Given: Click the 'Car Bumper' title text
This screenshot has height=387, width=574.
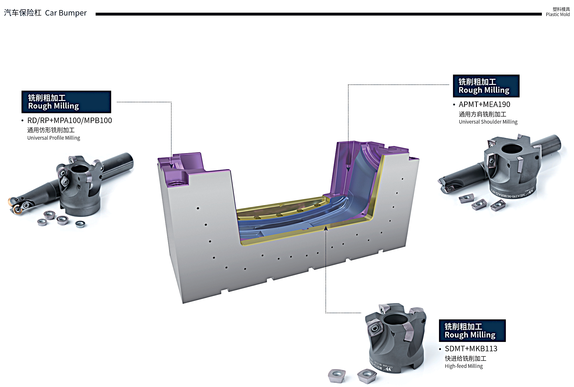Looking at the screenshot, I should (x=66, y=13).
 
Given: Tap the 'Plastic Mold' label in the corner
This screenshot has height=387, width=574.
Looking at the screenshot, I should (x=557, y=15).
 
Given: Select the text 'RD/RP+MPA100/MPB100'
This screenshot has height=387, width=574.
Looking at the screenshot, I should (x=69, y=120).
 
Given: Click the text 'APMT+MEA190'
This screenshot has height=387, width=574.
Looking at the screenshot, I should (x=484, y=104).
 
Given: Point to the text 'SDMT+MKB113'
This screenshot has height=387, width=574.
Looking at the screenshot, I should (x=471, y=349).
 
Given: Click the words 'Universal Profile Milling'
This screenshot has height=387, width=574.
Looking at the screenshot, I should (x=54, y=138).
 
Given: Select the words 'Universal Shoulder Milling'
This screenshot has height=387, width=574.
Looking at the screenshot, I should (x=488, y=122).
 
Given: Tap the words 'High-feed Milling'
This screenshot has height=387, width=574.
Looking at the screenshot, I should (x=464, y=366).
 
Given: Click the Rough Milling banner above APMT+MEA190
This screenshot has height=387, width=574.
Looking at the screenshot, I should (x=486, y=86).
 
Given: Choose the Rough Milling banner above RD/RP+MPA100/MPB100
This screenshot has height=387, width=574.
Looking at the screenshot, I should (x=66, y=102).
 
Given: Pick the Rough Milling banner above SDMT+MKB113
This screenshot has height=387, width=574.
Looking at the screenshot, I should (x=472, y=331).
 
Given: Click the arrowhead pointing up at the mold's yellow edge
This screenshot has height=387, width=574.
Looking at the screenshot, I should (x=326, y=228).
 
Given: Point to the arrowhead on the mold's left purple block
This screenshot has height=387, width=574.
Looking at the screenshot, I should (x=171, y=166).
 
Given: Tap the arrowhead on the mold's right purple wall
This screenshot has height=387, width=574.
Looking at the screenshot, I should (x=348, y=169).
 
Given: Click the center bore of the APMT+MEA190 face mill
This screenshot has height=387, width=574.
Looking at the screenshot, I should (x=512, y=149).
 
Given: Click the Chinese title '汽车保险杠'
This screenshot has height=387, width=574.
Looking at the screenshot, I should (x=23, y=13).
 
